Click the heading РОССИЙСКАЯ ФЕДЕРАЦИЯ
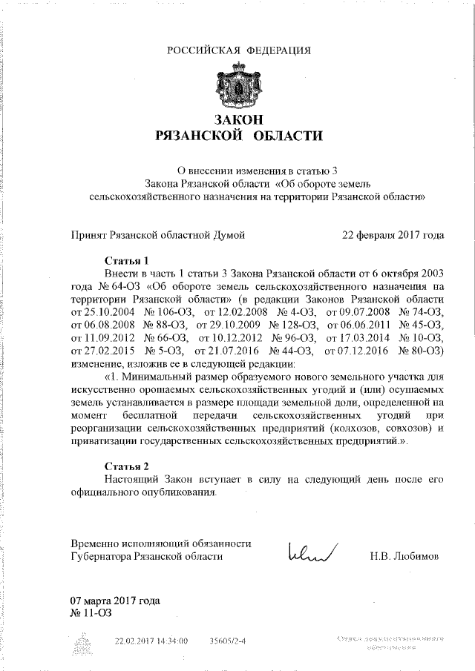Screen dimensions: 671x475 point(237,50)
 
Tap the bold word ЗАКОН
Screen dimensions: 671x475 point(238,119)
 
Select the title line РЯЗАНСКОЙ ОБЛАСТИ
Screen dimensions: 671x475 point(238,136)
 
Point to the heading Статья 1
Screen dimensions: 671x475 point(125,260)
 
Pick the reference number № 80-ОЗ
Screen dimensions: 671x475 point(421,350)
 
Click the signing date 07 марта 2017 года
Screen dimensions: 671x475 point(115,601)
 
